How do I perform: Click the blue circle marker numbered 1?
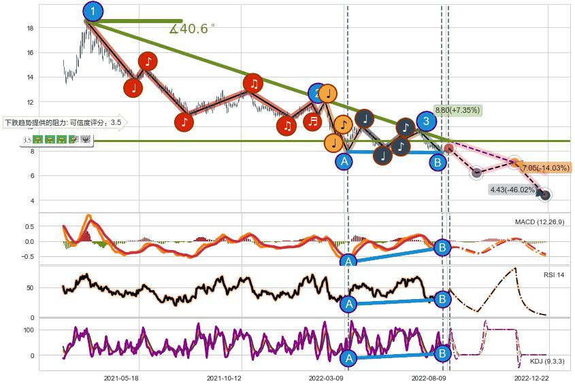point(93,11)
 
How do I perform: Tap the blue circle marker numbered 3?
point(426,122)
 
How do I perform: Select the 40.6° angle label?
point(193,29)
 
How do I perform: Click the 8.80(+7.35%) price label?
point(457,109)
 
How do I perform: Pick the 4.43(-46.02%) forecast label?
point(512,190)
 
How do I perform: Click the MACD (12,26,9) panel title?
point(540,222)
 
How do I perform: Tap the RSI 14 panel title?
point(553,275)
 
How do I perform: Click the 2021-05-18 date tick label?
point(122,378)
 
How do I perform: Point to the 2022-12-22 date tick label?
point(531,378)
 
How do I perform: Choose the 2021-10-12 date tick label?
point(224,378)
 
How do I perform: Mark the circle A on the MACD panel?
point(348,262)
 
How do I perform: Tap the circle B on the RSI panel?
point(442,299)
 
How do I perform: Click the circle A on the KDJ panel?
point(348,358)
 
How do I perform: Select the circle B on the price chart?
point(438,162)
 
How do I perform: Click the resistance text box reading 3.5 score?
point(63,123)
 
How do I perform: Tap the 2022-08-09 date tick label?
point(429,378)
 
